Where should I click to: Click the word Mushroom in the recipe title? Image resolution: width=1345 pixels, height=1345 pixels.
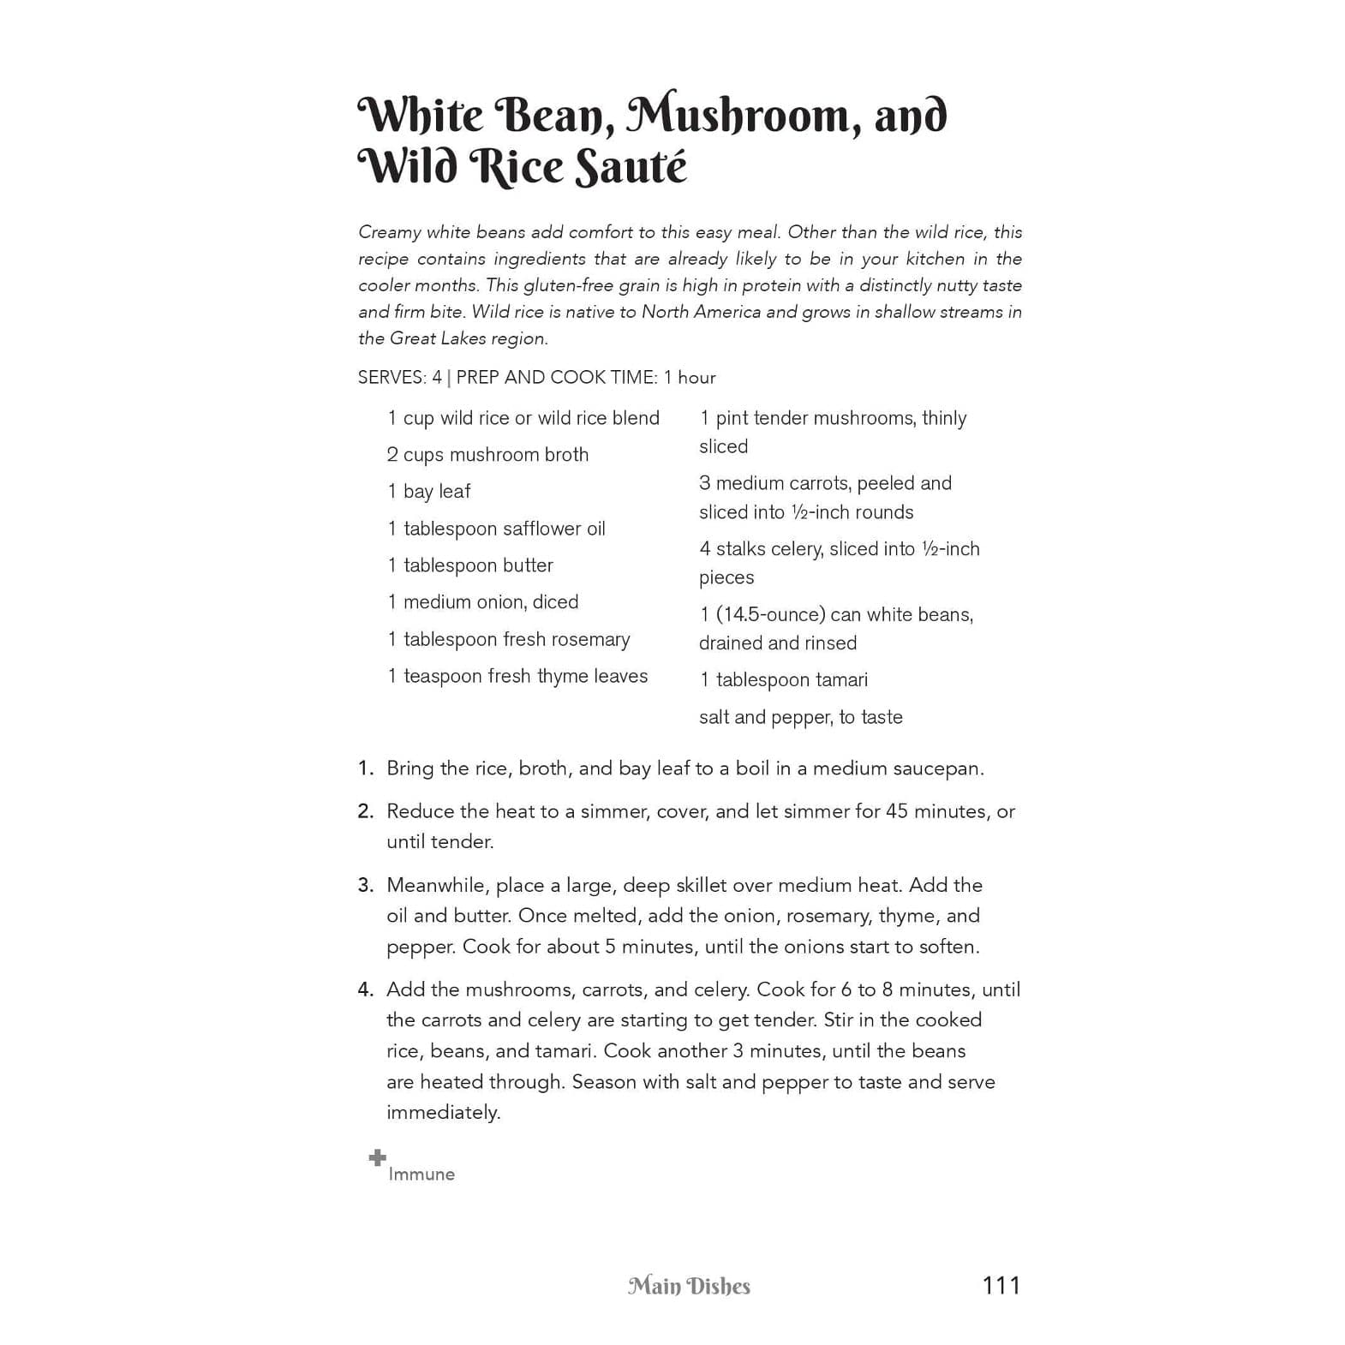click(x=743, y=116)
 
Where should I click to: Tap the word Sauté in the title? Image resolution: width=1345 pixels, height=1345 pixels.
click(x=630, y=167)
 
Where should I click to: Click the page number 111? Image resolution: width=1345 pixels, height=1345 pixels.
click(x=1001, y=1285)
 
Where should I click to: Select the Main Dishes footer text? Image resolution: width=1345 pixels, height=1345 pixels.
click(x=689, y=1286)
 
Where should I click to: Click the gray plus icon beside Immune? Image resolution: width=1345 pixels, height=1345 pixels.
click(x=377, y=1158)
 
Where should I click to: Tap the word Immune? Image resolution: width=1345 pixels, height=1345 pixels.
click(x=421, y=1175)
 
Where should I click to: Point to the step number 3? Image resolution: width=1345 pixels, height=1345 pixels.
click(x=366, y=885)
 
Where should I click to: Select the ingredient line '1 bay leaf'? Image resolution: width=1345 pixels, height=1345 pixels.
click(x=429, y=492)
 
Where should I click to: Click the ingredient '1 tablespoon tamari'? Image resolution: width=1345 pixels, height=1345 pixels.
click(x=783, y=680)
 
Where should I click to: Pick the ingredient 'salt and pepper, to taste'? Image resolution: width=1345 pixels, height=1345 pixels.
click(x=800, y=717)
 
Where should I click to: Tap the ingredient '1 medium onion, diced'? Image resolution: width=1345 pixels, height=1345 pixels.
click(x=483, y=602)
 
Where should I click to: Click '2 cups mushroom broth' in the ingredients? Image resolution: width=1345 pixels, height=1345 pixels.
click(x=487, y=455)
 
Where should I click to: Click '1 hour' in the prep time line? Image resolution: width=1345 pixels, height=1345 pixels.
click(x=690, y=378)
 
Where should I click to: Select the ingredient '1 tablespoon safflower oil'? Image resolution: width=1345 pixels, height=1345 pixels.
click(x=496, y=529)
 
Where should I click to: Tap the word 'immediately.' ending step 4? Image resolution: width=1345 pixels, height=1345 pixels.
click(x=443, y=1113)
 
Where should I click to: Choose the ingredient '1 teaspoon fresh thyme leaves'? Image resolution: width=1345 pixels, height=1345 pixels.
click(x=517, y=676)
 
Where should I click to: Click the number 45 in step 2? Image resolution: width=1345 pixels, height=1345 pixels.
click(x=897, y=811)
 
